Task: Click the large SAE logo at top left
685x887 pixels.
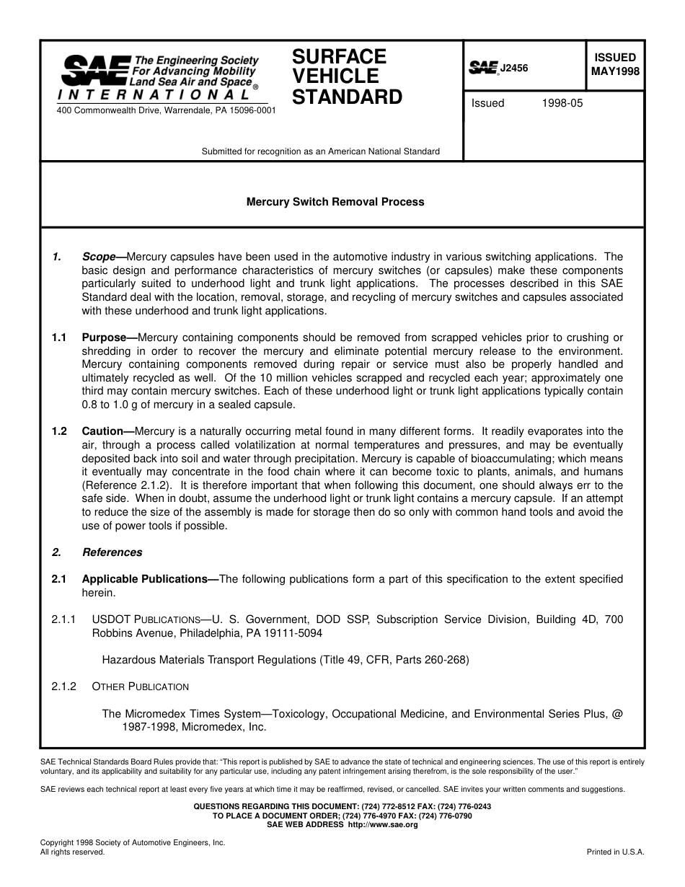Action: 94,70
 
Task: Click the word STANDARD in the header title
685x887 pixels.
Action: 347,97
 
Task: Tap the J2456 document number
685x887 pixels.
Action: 514,68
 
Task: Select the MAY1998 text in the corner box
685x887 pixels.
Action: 615,71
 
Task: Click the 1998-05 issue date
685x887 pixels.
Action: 562,103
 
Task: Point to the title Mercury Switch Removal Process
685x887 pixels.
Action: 335,202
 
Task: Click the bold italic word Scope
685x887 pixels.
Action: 99,257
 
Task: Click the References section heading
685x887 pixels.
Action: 112,552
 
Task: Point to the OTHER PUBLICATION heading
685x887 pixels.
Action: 140,687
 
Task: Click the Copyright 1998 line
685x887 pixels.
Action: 133,842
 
